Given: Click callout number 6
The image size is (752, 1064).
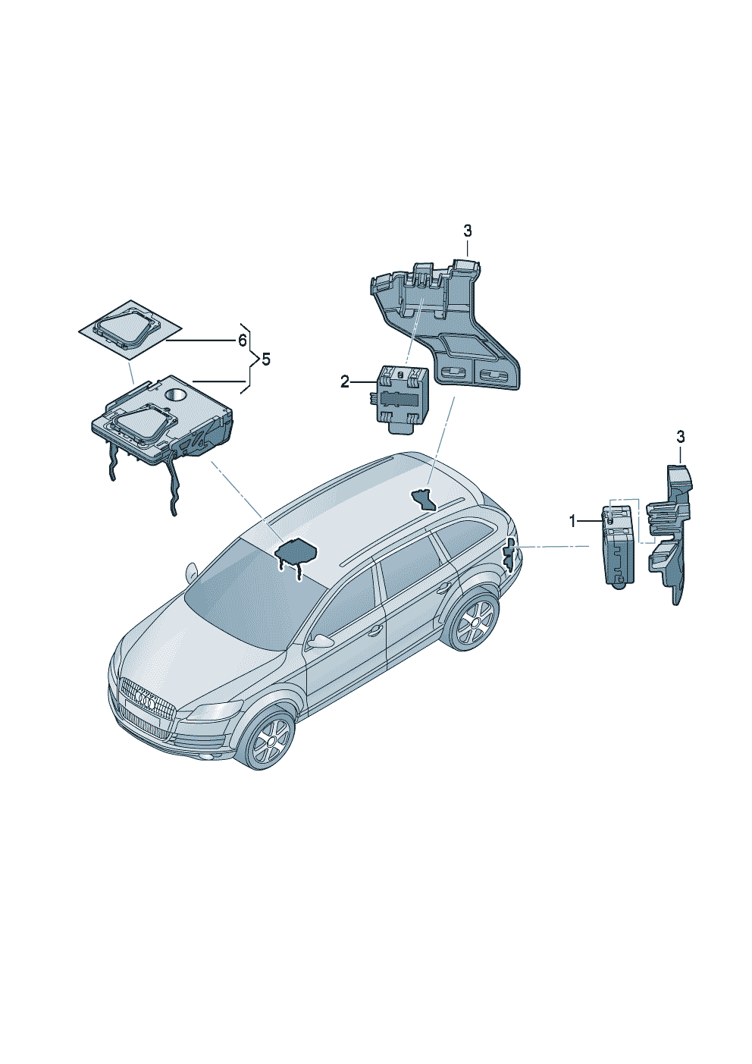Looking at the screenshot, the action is pyautogui.click(x=242, y=341).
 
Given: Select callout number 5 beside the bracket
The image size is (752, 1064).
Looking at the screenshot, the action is pyautogui.click(x=266, y=360).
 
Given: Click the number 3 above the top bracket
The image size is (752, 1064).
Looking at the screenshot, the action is pyautogui.click(x=468, y=231).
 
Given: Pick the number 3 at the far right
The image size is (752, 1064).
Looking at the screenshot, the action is pyautogui.click(x=681, y=436).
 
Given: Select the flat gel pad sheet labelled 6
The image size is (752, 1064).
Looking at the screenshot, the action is pyautogui.click(x=130, y=328).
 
